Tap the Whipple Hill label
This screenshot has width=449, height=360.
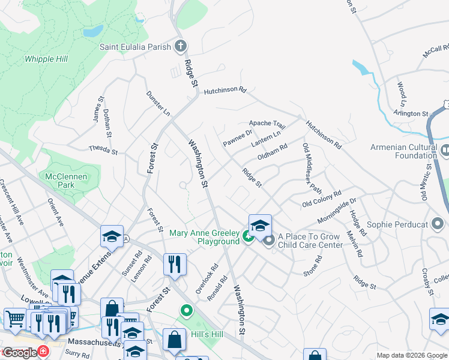[x=46, y=59]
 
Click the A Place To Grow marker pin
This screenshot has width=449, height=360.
[x=268, y=241]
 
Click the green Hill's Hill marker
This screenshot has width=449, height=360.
[x=186, y=311]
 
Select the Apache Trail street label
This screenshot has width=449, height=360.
[x=267, y=124]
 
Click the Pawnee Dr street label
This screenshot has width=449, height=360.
[x=238, y=139]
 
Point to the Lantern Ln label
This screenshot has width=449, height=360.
[x=266, y=139]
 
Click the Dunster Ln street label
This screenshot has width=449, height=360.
[x=158, y=104]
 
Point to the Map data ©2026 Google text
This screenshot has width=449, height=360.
[x=412, y=355]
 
